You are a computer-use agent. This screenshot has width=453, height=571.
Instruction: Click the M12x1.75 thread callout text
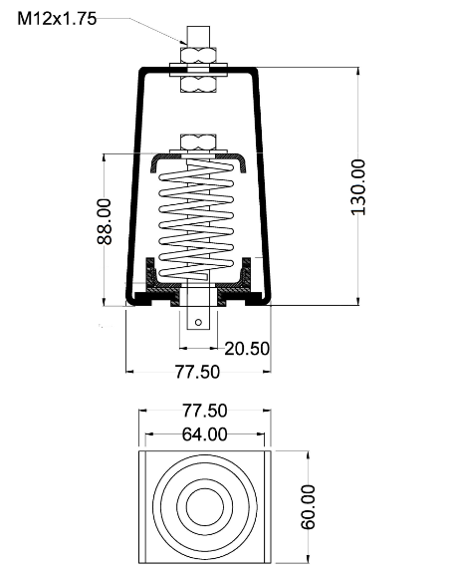tap(57, 19)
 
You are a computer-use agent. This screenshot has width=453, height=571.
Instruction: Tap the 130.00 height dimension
tap(358, 187)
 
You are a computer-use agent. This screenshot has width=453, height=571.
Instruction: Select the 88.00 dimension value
tap(105, 221)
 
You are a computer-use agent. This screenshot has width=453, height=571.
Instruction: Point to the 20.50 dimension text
tap(247, 349)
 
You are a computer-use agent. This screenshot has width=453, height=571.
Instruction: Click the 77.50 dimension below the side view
tap(197, 372)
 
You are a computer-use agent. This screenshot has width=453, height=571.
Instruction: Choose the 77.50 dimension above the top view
tap(205, 411)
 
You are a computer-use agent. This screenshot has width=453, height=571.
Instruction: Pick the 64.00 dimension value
tap(205, 434)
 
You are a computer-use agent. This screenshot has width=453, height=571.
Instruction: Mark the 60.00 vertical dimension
tap(308, 506)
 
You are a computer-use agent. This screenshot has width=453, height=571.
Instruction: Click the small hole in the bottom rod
tap(198, 322)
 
